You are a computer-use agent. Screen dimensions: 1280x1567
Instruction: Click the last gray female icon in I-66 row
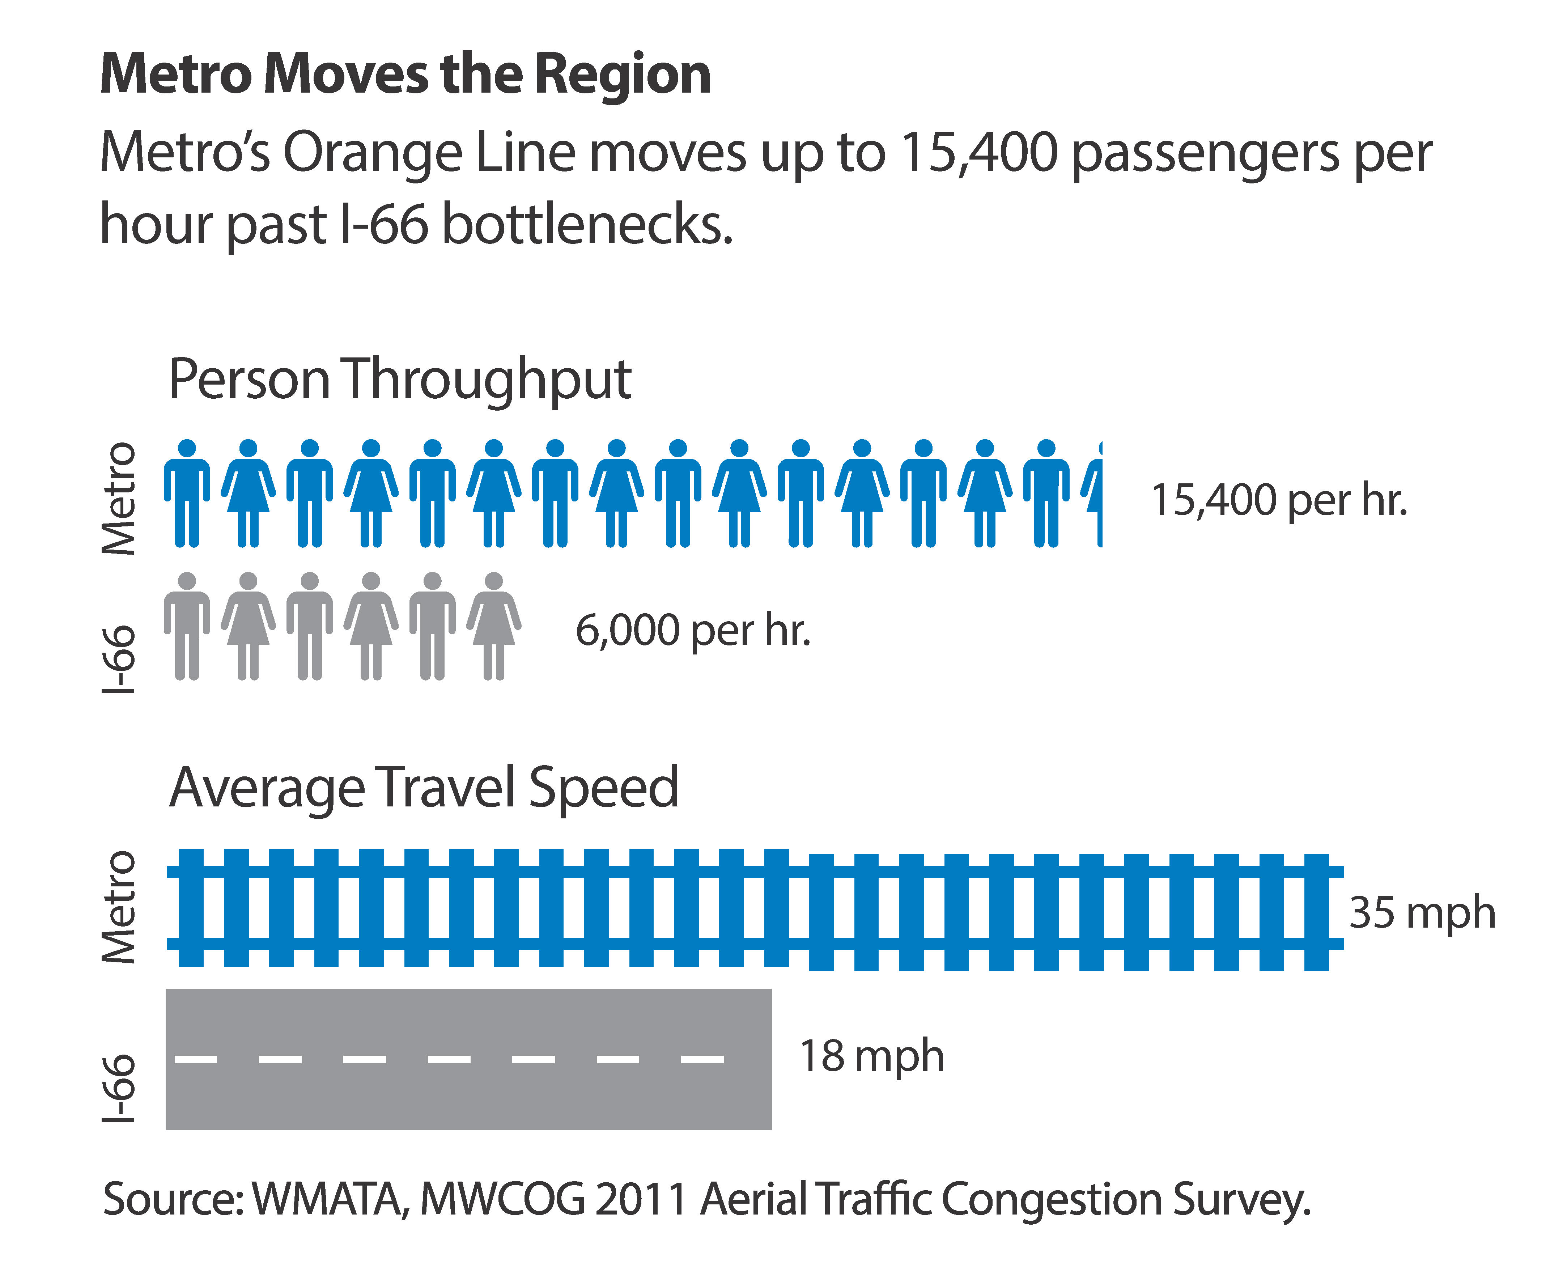point(494,625)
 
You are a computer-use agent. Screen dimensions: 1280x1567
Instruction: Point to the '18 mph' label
point(871,1056)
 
